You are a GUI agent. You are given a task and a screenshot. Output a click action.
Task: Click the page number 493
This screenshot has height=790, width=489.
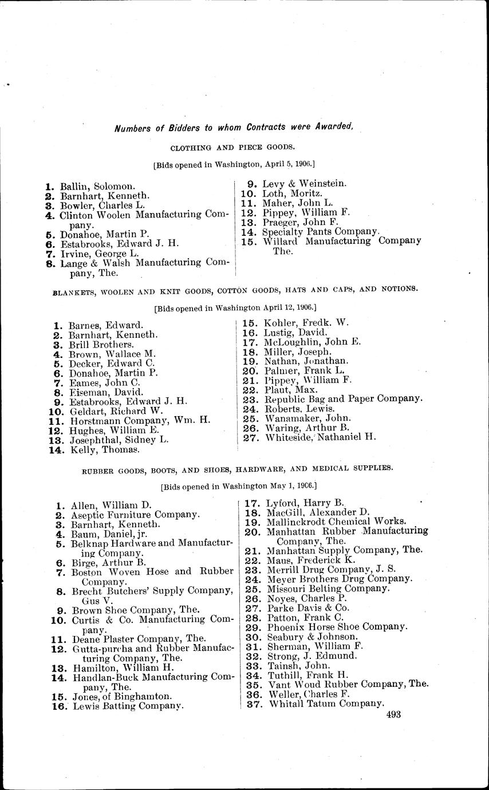393,714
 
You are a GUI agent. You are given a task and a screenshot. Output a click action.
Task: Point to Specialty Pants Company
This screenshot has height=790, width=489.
321,232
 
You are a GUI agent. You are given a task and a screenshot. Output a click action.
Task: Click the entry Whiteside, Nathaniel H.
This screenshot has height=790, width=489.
321,438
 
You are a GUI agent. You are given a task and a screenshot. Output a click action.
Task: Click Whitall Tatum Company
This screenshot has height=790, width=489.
326,704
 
